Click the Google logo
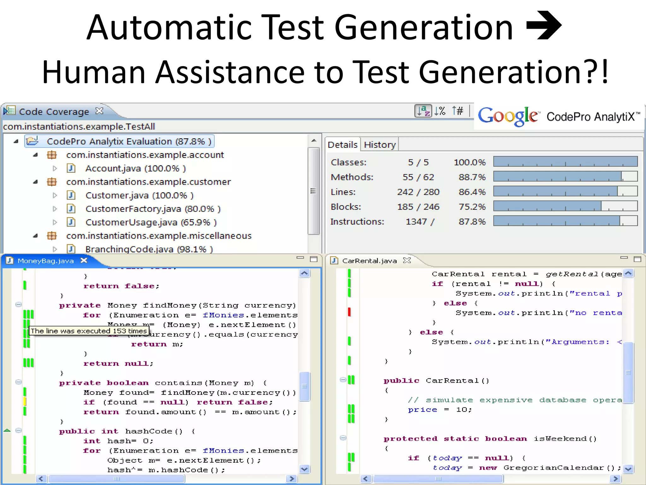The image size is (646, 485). click(x=508, y=116)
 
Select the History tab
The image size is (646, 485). click(x=379, y=145)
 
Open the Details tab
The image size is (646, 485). click(x=342, y=145)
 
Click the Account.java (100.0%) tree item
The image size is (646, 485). click(x=135, y=168)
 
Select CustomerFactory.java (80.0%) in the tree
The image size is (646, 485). click(x=153, y=209)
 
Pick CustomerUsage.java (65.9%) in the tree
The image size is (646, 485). click(x=151, y=222)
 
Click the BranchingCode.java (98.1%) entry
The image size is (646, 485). click(x=149, y=249)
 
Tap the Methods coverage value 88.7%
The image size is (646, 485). click(x=472, y=177)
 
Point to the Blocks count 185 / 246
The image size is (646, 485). click(x=418, y=207)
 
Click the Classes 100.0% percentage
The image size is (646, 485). click(x=469, y=162)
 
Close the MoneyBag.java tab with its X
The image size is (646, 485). click(x=84, y=260)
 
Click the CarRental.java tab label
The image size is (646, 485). click(x=369, y=261)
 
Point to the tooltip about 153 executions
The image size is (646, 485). click(x=89, y=331)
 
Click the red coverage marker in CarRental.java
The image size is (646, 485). click(x=349, y=312)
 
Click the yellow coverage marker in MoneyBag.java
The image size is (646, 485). click(x=25, y=402)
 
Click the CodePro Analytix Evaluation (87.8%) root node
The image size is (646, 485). click(x=129, y=141)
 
